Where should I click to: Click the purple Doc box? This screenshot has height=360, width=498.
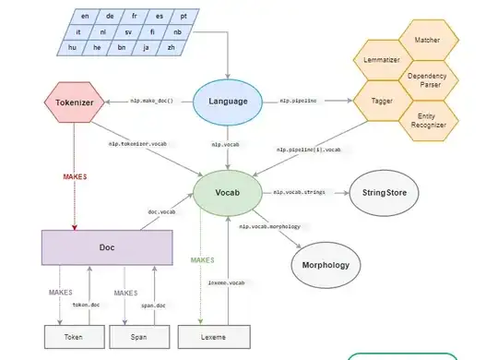tap(109, 247)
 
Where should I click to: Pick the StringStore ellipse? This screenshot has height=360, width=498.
tap(384, 194)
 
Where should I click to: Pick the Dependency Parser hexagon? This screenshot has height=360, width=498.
tap(426, 79)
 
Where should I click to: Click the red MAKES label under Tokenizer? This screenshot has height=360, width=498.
tap(76, 174)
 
